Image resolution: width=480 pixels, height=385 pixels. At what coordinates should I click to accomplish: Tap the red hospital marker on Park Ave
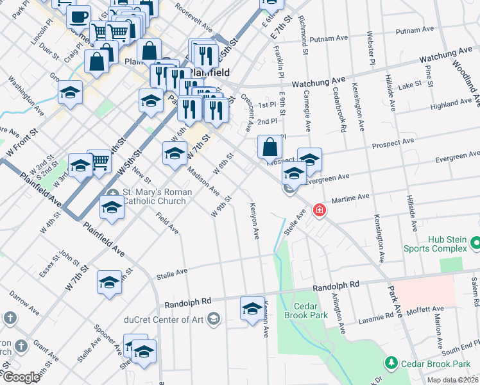pyautogui.click(x=319, y=210)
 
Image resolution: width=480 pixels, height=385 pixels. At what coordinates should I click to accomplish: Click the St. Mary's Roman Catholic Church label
pyautogui.click(x=154, y=196)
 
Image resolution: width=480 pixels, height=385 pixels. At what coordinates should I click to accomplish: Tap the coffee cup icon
pyautogui.click(x=79, y=17)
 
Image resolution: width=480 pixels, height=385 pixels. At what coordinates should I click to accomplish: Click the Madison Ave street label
pyautogui.click(x=203, y=182)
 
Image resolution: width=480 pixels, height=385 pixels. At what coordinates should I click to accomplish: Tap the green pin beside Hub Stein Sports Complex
pyautogui.click(x=476, y=243)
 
